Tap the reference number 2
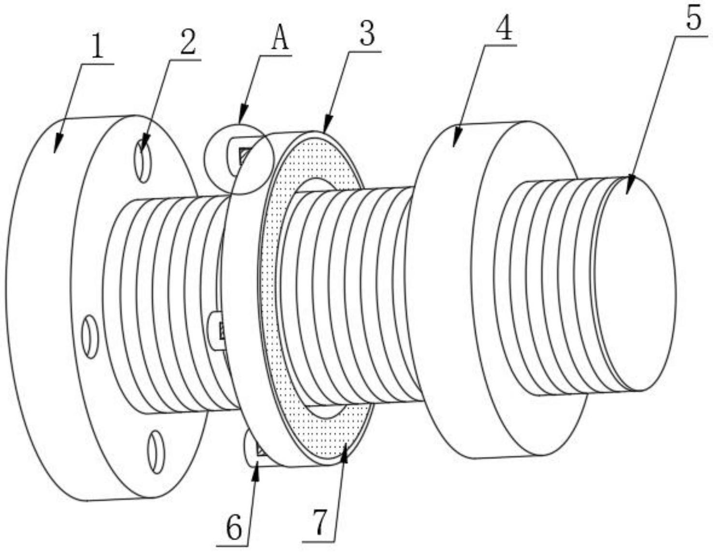188,42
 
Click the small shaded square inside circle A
244,156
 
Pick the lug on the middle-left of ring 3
217,330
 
